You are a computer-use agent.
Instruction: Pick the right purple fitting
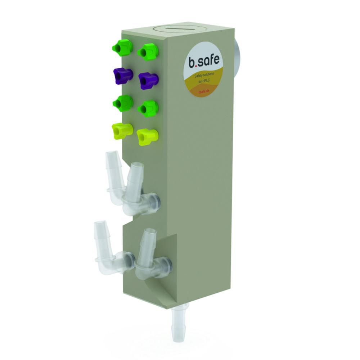(x=148, y=80)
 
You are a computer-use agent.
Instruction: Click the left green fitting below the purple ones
(x=123, y=103)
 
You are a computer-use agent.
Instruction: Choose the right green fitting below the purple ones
(x=148, y=108)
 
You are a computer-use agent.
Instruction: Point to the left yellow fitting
(x=122, y=131)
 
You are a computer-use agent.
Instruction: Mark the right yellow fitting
(x=147, y=136)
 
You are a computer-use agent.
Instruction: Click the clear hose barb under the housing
(x=179, y=323)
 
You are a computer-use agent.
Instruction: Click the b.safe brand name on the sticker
(x=204, y=60)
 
